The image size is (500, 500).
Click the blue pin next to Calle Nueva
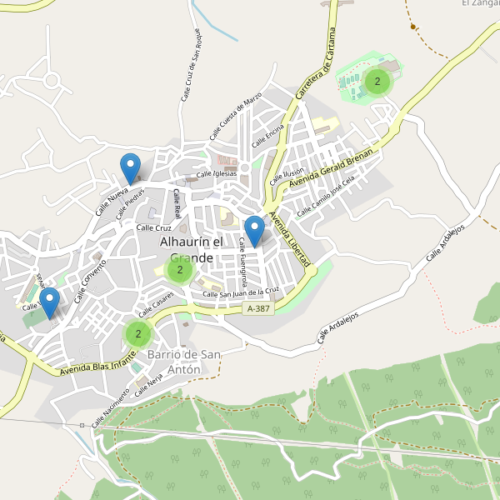click(129, 169)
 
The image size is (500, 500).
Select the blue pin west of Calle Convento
click(50, 302)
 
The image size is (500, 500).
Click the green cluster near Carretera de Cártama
click(377, 82)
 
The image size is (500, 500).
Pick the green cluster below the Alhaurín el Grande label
click(179, 269)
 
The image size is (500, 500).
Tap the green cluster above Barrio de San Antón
click(137, 334)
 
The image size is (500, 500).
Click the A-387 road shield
click(259, 309)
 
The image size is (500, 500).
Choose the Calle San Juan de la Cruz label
click(241, 292)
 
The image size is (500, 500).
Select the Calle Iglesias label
click(217, 174)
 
